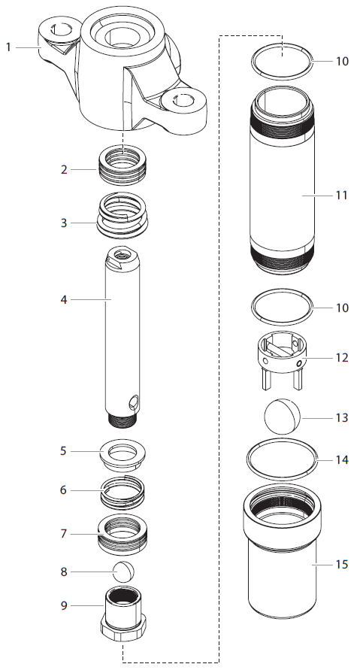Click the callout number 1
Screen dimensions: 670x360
point(8,47)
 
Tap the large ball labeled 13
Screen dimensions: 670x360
point(281,415)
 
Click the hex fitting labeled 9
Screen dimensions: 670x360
point(123,611)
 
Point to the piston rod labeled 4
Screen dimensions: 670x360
point(123,331)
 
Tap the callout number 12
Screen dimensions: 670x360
point(341,358)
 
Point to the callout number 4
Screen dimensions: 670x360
point(63,299)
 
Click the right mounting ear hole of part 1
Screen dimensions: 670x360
point(182,100)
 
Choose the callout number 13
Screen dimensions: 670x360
point(341,417)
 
